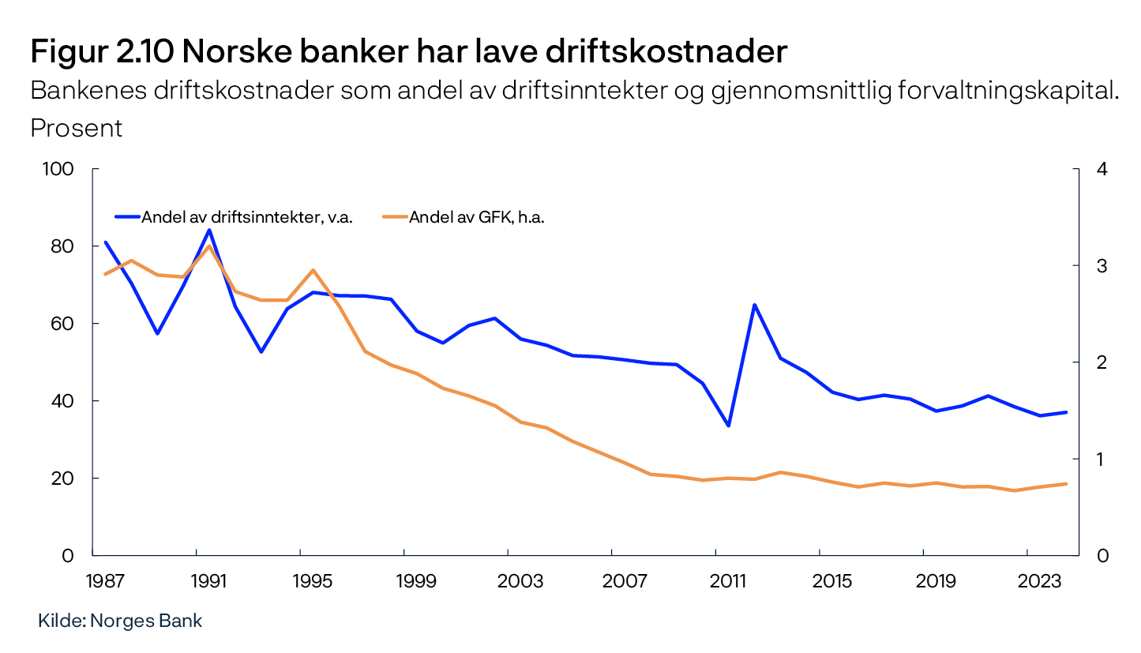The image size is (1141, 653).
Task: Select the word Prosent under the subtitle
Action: pyautogui.click(x=77, y=128)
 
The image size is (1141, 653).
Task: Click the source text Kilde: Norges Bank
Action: pyautogui.click(x=120, y=621)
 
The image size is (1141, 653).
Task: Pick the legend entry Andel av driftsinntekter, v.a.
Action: pyautogui.click(x=246, y=217)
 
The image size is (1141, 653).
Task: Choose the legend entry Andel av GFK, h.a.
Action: pyautogui.click(x=476, y=217)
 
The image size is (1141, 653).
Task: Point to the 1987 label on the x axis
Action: pyautogui.click(x=105, y=581)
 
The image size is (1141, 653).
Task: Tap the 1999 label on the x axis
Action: pyautogui.click(x=417, y=581)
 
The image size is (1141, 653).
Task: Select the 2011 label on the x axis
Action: pyautogui.click(x=728, y=581)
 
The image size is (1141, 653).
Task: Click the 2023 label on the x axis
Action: pyautogui.click(x=1040, y=581)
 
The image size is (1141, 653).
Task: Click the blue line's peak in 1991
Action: pyautogui.click(x=209, y=230)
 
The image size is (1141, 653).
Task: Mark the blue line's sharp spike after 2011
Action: pyautogui.click(x=755, y=305)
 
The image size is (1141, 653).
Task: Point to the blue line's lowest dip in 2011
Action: pyautogui.click(x=729, y=426)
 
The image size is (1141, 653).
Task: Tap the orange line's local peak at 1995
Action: pyautogui.click(x=313, y=270)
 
